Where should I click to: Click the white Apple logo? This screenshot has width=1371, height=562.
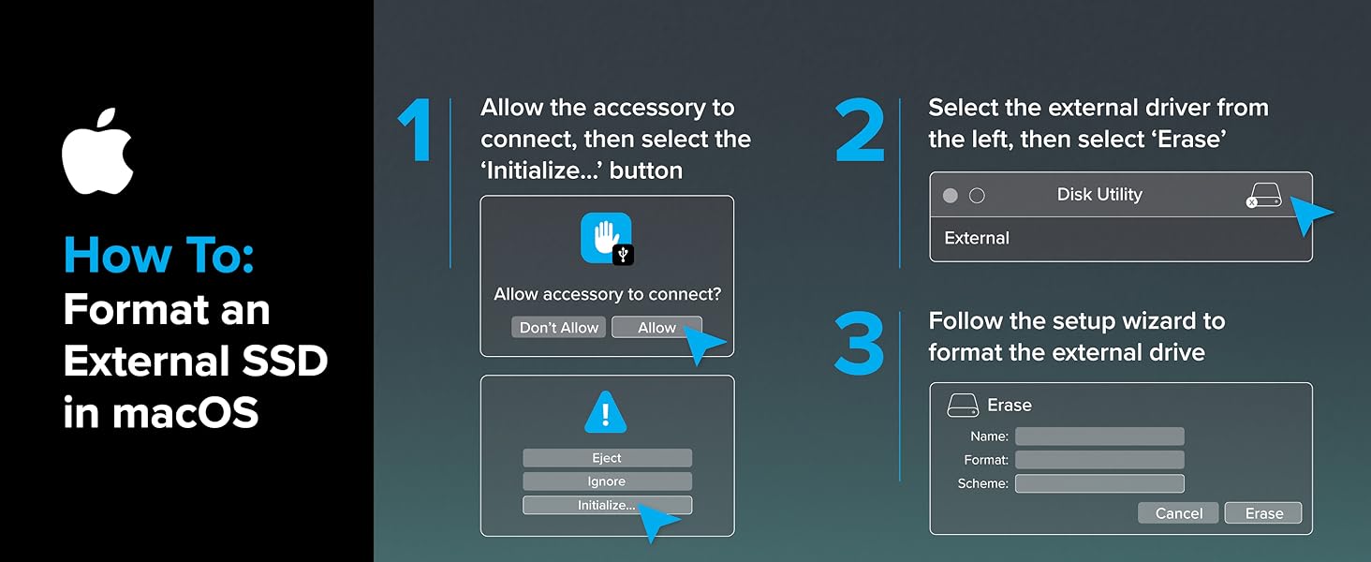[97, 151]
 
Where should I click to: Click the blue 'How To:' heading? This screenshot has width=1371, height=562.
[158, 256]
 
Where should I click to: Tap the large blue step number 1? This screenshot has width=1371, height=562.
[416, 130]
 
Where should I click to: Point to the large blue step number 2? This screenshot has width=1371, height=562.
[859, 130]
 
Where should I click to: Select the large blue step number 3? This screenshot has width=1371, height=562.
[859, 344]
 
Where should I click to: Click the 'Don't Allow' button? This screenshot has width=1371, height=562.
[559, 327]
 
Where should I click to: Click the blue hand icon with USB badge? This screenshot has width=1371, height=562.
[607, 238]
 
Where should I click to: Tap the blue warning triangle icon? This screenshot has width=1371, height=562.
[606, 412]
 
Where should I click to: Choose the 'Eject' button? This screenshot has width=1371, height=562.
[607, 458]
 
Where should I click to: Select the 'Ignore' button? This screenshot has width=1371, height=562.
[607, 481]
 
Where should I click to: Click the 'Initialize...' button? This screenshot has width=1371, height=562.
[607, 505]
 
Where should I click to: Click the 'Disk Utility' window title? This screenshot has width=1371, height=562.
[1099, 195]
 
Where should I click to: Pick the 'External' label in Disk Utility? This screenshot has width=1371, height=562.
[977, 238]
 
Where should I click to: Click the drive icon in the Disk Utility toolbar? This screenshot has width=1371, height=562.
[1263, 196]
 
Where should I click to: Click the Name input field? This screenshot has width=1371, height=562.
[1099, 436]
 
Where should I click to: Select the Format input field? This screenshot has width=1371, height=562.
[1099, 460]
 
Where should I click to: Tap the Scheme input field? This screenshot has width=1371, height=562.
[1099, 483]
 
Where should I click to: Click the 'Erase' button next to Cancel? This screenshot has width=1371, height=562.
[1263, 513]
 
